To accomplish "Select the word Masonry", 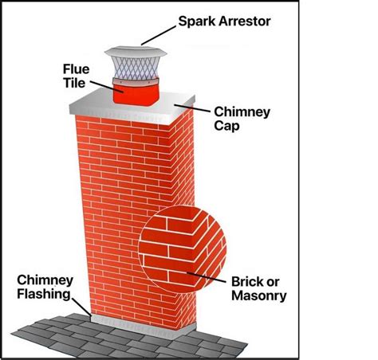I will point(259,296).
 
